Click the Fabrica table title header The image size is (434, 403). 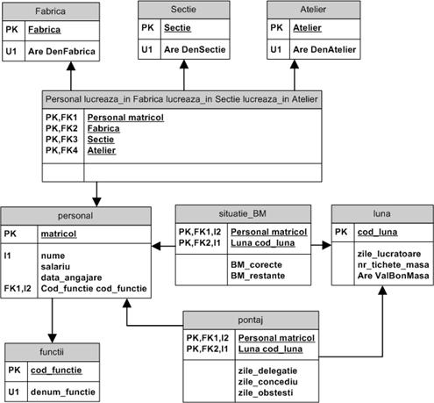tap(51, 11)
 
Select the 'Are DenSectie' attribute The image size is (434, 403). tap(195, 49)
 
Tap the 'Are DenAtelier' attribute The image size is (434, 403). tap(324, 49)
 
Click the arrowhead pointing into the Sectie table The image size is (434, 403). tap(184, 64)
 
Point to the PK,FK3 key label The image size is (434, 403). tap(61, 140)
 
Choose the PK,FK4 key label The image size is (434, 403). tap(61, 150)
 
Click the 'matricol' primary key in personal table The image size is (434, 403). tap(59, 234)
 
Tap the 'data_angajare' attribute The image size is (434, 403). tap(71, 277)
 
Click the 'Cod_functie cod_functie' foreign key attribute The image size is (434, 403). tap(94, 289)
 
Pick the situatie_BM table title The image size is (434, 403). tap(243, 213)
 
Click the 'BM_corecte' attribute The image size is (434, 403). tap(256, 264)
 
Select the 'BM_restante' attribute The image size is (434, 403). tap(258, 276)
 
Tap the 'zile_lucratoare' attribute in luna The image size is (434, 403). tap(389, 254)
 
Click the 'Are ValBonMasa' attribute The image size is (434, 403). tap(393, 276)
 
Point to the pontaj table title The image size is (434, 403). tap(251, 320)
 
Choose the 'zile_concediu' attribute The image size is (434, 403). tap(267, 382)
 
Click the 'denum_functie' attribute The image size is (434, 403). tap(63, 392)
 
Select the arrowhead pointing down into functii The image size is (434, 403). tap(52, 339)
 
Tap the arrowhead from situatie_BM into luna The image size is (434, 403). tap(327, 245)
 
